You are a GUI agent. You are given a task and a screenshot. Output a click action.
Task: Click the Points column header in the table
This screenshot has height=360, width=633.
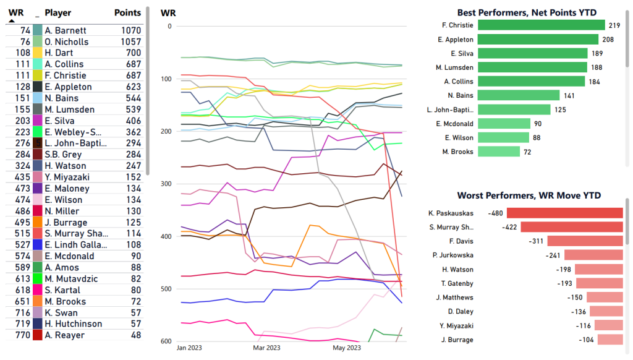click(127, 12)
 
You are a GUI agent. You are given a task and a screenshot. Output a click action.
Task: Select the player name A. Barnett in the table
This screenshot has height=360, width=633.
click(66, 30)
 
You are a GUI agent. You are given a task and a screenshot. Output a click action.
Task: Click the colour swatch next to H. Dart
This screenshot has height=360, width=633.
click(38, 53)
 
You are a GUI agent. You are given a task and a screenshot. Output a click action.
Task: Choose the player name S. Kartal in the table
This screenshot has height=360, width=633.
click(62, 289)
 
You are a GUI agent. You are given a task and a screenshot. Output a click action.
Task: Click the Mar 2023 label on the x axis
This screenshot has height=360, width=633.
click(266, 348)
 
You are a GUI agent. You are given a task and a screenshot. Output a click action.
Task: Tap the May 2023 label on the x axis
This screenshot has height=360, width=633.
click(346, 348)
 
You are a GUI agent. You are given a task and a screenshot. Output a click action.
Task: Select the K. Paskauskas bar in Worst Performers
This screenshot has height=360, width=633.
click(564, 213)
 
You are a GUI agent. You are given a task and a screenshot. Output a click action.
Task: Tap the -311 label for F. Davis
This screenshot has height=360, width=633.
click(536, 241)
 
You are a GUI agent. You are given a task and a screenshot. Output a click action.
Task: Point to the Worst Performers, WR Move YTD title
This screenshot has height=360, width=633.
click(529, 195)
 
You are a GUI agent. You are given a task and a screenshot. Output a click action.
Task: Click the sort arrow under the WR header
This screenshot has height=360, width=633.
click(12, 20)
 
